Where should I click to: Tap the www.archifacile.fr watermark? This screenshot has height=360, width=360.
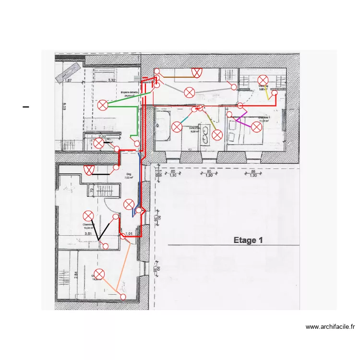click(330, 327)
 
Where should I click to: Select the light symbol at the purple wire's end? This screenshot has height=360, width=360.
click(257, 127)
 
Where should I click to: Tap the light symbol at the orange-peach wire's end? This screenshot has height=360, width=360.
click(99, 274)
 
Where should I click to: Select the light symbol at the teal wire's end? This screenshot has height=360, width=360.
click(177, 127)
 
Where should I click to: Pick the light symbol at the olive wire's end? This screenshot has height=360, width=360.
click(217, 135)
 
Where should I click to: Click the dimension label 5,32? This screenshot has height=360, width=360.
click(112, 81)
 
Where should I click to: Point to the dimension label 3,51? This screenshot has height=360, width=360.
click(88, 234)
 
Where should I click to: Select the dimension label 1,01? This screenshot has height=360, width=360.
click(128, 234)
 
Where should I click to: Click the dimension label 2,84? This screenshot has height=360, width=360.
click(62, 275)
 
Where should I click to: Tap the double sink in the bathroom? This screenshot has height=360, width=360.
click(205, 135)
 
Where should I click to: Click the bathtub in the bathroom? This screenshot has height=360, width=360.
click(162, 126)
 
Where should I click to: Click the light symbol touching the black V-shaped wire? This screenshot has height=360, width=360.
click(88, 216)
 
